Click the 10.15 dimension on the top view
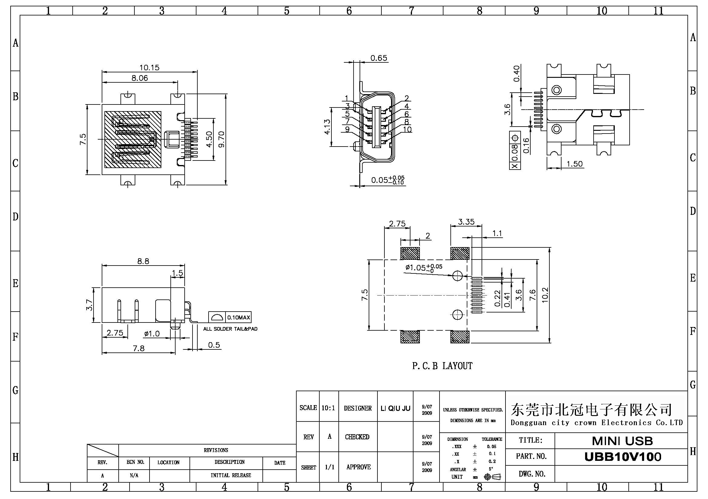pos(149,68)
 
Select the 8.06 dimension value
pos(140,78)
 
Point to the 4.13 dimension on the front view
pos(327,127)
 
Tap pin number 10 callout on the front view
pos(407,130)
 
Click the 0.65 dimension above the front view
pos(379,58)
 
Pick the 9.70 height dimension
pos(221,139)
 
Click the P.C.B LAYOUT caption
pos(442,366)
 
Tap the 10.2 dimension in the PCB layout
pos(545,295)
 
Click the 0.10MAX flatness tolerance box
pos(238,317)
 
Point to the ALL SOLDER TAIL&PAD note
pos(230,329)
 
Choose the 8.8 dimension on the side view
pos(143,261)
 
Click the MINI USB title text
pos(622,441)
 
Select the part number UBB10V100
pos(623,457)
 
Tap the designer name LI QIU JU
pos(395,409)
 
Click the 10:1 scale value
pos(328,408)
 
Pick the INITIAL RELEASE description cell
pos(231,475)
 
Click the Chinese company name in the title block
pos(591,410)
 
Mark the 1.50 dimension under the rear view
pos(575,164)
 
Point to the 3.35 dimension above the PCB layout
pos(466,222)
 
